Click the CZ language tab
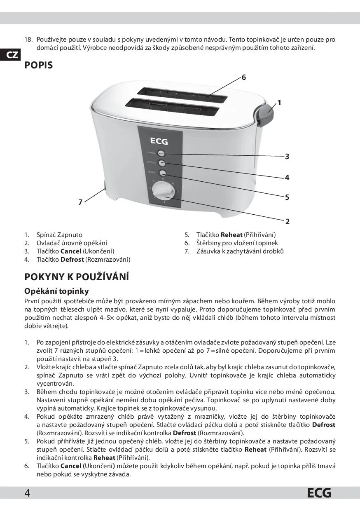pos(12,55)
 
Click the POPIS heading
pos(39,66)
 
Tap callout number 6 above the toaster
pos(244,77)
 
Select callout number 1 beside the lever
pos(279,103)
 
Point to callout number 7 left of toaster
pos(81,202)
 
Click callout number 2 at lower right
pos(288,221)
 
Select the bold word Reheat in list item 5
pos(231,234)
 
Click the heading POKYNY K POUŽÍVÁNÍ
pos(77,277)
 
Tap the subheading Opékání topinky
pos(56,291)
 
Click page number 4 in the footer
pos(27,493)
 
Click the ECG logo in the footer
pos(319,493)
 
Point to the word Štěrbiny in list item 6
pos(208,243)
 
